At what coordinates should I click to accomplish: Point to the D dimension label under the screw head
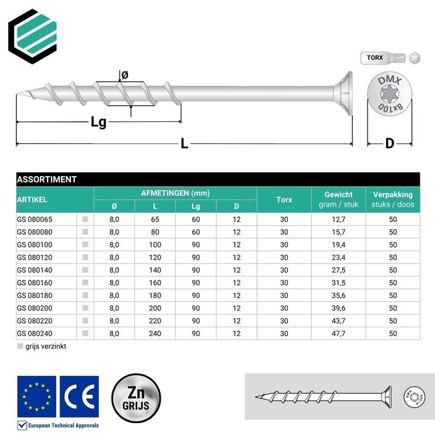pyautogui.click(x=389, y=143)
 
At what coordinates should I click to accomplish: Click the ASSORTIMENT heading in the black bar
pyautogui.click(x=46, y=179)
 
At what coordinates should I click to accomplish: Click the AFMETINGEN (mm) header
pyautogui.click(x=175, y=193)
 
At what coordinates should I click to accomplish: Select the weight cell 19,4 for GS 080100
pyautogui.click(x=338, y=244)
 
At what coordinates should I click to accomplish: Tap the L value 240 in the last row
pyautogui.click(x=155, y=333)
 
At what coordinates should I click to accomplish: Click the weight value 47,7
pyautogui.click(x=338, y=333)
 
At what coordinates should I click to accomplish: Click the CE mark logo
pyautogui.click(x=79, y=396)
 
